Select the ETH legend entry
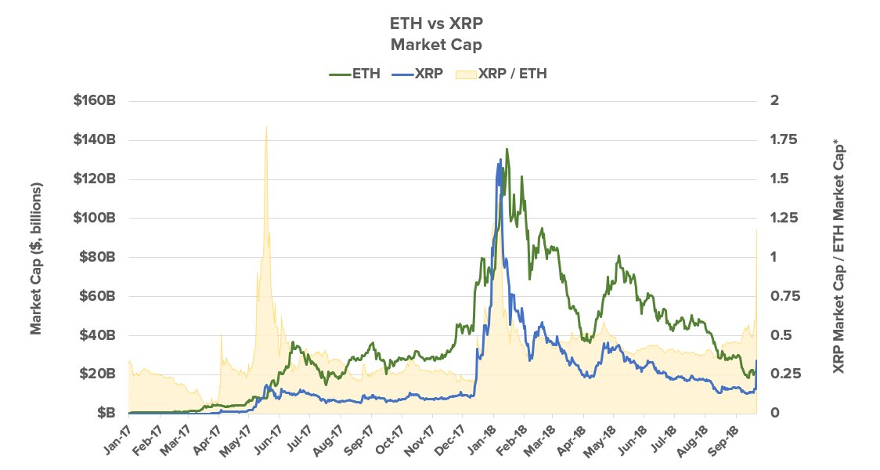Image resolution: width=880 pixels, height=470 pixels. tap(355, 74)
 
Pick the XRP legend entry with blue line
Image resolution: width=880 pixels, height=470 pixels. tap(418, 74)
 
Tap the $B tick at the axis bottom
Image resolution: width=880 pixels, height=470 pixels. tap(107, 413)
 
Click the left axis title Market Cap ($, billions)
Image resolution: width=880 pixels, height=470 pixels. tap(36, 258)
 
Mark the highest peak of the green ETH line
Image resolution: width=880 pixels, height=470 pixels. tap(507, 149)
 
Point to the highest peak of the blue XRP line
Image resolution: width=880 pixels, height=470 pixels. tap(500, 161)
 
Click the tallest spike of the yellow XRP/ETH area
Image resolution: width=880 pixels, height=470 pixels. tap(266, 126)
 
